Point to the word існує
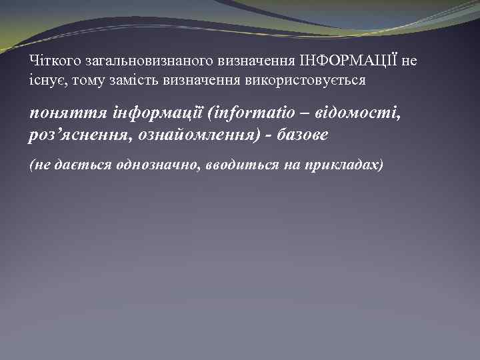coord(46,79)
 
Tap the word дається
coord(76,165)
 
